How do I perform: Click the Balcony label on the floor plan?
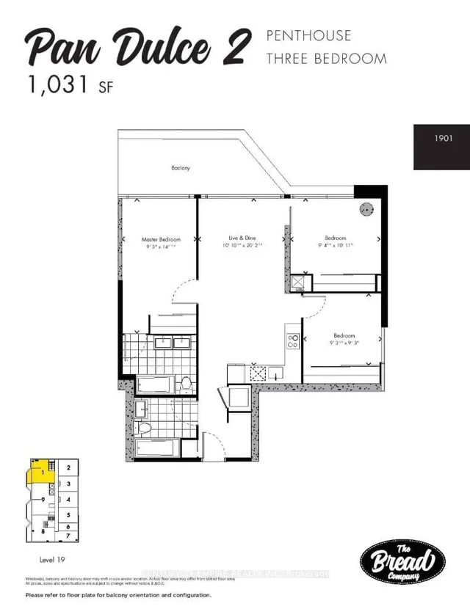181,168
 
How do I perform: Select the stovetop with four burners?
292,340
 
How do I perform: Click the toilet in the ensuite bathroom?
187,384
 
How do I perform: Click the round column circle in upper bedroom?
365,211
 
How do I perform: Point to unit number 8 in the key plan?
43,530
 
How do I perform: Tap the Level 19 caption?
51,559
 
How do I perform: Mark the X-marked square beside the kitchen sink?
258,373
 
